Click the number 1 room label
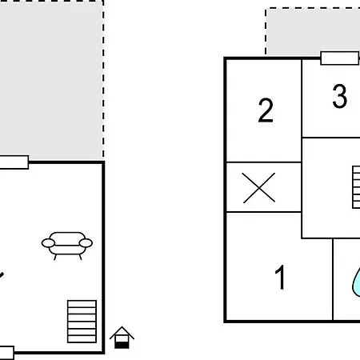coord(280,278)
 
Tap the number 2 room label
coord(266,110)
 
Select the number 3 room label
coord(340,96)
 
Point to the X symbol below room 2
coord(259,188)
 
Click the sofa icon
coord(67,246)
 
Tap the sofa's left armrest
coord(48,243)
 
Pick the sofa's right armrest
coord(86,243)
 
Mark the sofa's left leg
coord(55,257)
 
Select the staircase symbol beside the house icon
coord(82,322)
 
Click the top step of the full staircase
coord(82,304)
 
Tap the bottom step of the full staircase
coord(82,339)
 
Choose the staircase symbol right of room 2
coord(356,187)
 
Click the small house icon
coord(122,338)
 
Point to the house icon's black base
coord(122,345)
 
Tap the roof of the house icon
coord(122,333)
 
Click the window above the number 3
coord(340,58)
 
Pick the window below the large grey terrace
coord(14,162)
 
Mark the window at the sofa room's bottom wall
coord(7,353)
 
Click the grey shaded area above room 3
coord(314,31)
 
